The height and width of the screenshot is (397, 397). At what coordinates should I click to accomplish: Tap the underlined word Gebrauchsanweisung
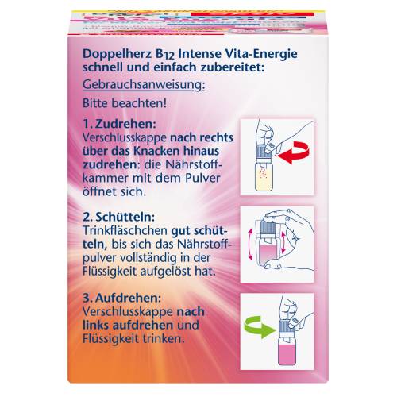click(144, 85)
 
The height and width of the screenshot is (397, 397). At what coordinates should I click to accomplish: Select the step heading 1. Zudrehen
click(119, 124)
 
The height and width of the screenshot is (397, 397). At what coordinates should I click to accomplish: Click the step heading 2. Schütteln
click(118, 218)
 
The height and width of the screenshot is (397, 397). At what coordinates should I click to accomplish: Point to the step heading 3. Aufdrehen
click(121, 299)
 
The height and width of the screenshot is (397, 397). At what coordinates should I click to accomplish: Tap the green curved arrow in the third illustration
click(257, 327)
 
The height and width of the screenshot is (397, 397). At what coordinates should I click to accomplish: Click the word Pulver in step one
click(201, 178)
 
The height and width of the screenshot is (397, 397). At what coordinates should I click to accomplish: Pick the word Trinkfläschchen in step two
click(125, 231)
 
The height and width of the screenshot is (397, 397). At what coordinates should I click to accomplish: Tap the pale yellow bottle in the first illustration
click(264, 177)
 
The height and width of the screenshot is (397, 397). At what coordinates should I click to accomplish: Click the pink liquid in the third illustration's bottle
click(287, 355)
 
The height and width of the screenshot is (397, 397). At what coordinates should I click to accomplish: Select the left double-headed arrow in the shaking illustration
click(250, 245)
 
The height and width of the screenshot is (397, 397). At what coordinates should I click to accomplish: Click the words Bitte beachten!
click(125, 103)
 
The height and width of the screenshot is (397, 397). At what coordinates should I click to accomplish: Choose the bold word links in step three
click(95, 326)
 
